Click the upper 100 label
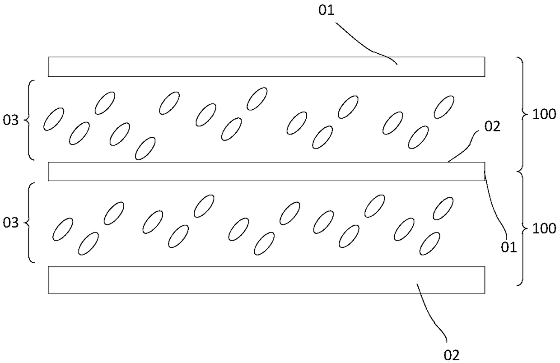tap(544, 114)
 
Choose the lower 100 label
tap(544, 228)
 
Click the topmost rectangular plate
tap(266, 66)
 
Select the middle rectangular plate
tap(266, 172)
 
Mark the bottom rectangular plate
tap(266, 280)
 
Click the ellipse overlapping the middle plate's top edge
tap(145, 149)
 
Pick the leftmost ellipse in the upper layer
tap(53, 119)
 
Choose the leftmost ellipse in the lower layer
tap(63, 229)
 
